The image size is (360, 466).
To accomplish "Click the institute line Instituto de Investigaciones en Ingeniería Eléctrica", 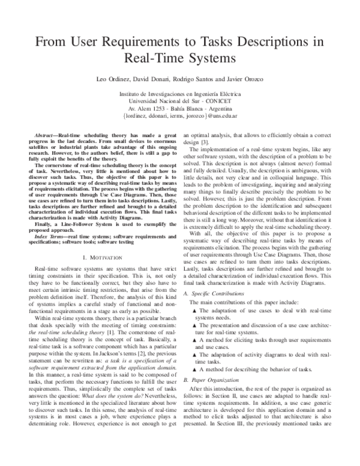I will [x=180, y=94].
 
